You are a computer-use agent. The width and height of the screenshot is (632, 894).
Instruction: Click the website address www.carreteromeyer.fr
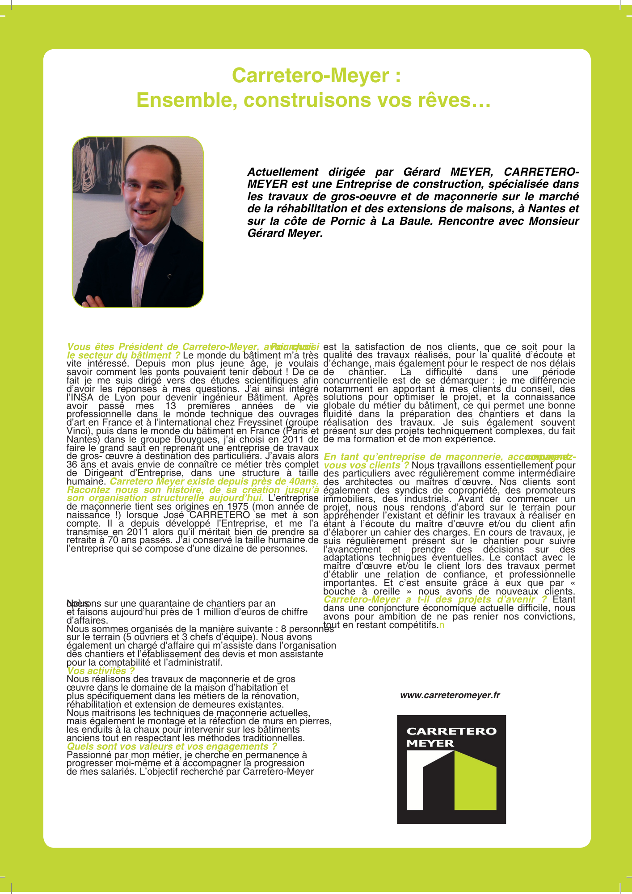pyautogui.click(x=450, y=695)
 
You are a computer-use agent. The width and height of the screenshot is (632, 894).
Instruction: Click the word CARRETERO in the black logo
pyautogui.click(x=451, y=731)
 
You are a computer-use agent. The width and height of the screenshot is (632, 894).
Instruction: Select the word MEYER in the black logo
pyautogui.click(x=430, y=743)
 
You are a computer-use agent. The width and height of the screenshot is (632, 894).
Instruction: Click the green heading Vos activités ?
pyautogui.click(x=101, y=670)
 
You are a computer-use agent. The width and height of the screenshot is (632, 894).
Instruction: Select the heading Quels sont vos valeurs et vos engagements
pyautogui.click(x=172, y=746)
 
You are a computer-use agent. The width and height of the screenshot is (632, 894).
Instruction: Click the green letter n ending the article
pyautogui.click(x=442, y=625)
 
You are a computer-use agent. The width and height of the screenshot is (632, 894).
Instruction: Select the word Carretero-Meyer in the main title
pyautogui.click(x=310, y=75)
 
